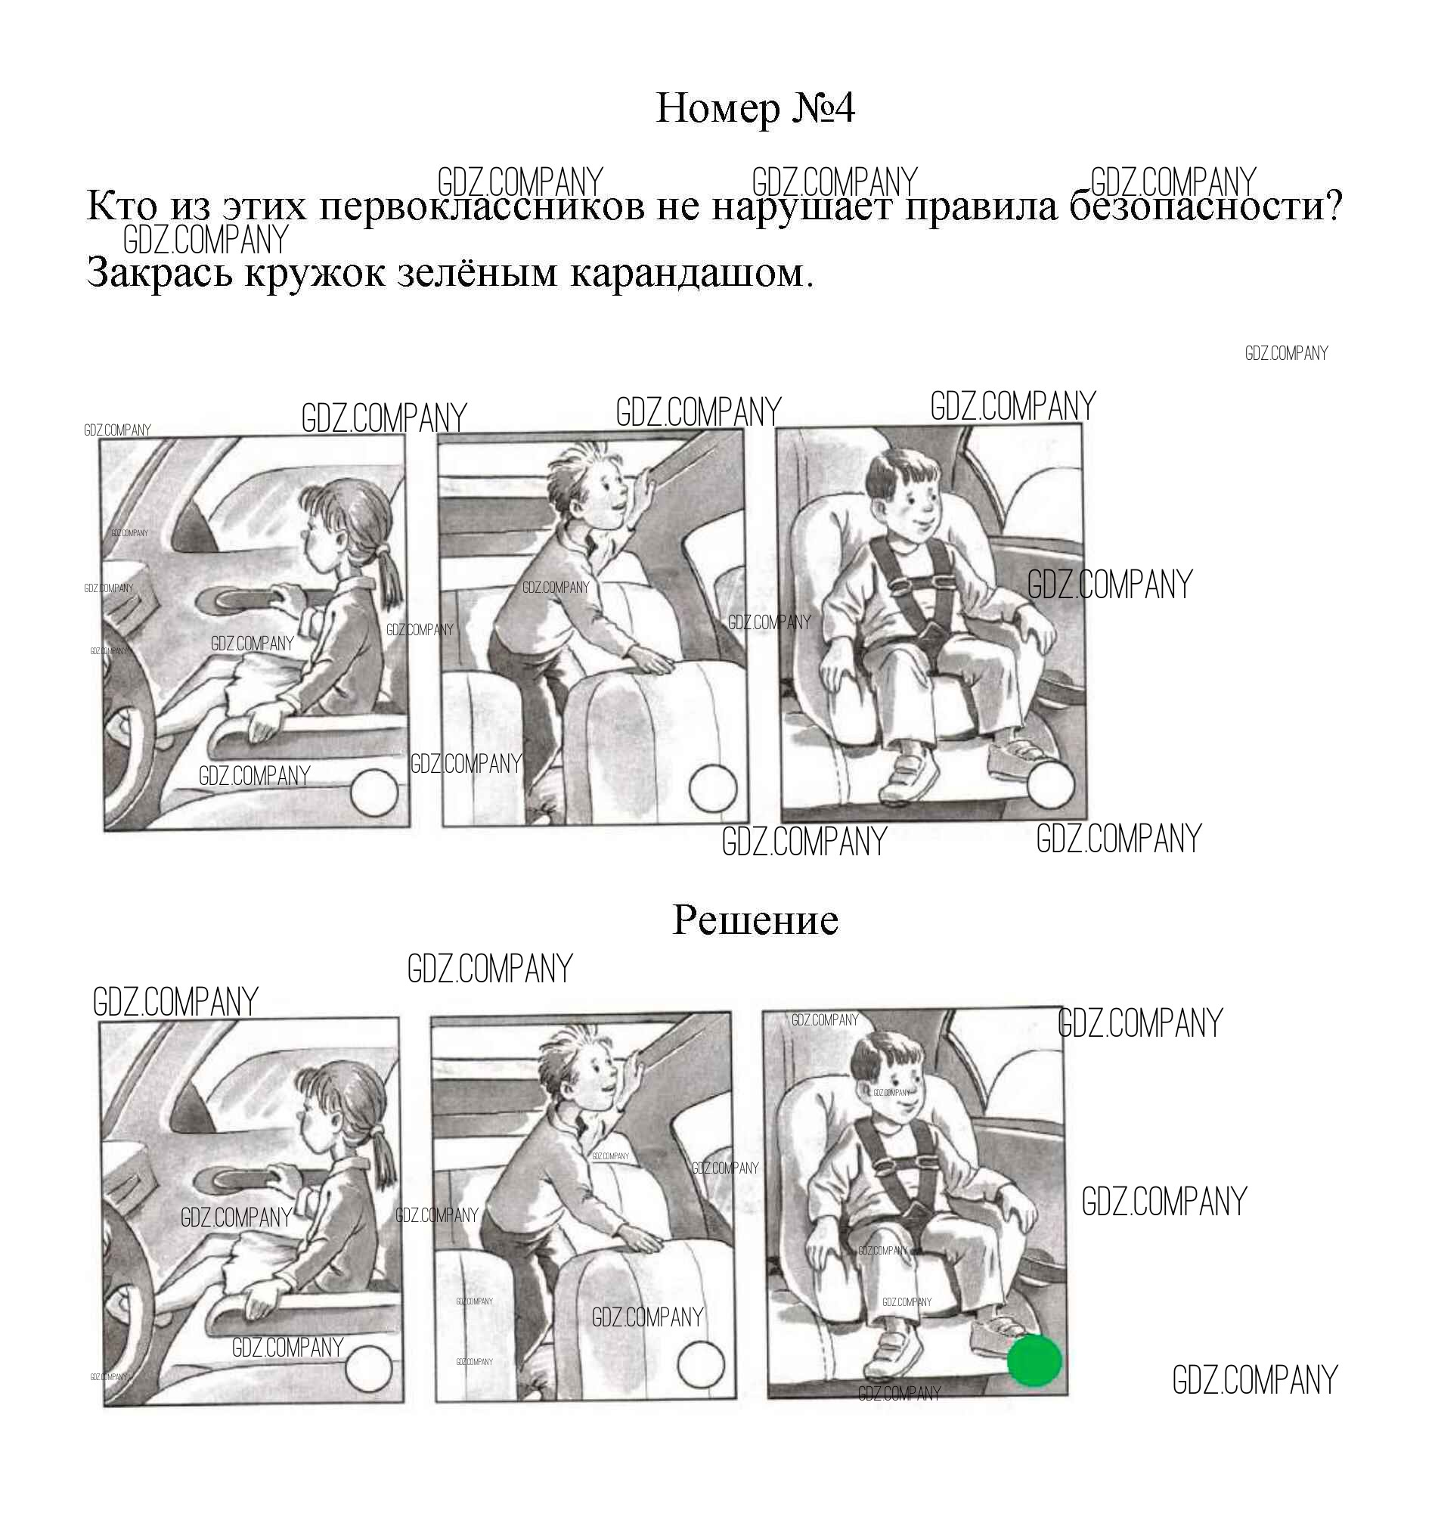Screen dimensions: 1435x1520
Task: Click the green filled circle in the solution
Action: coord(1034,1360)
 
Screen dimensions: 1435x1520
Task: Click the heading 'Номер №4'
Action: coord(755,109)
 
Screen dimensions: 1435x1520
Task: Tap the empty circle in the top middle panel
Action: coord(713,787)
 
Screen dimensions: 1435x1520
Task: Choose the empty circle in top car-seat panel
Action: coord(1050,785)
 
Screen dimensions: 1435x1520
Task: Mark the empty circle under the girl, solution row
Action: coord(369,1369)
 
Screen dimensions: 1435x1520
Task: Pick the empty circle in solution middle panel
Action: coord(701,1366)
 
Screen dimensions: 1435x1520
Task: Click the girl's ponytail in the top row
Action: coord(389,585)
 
